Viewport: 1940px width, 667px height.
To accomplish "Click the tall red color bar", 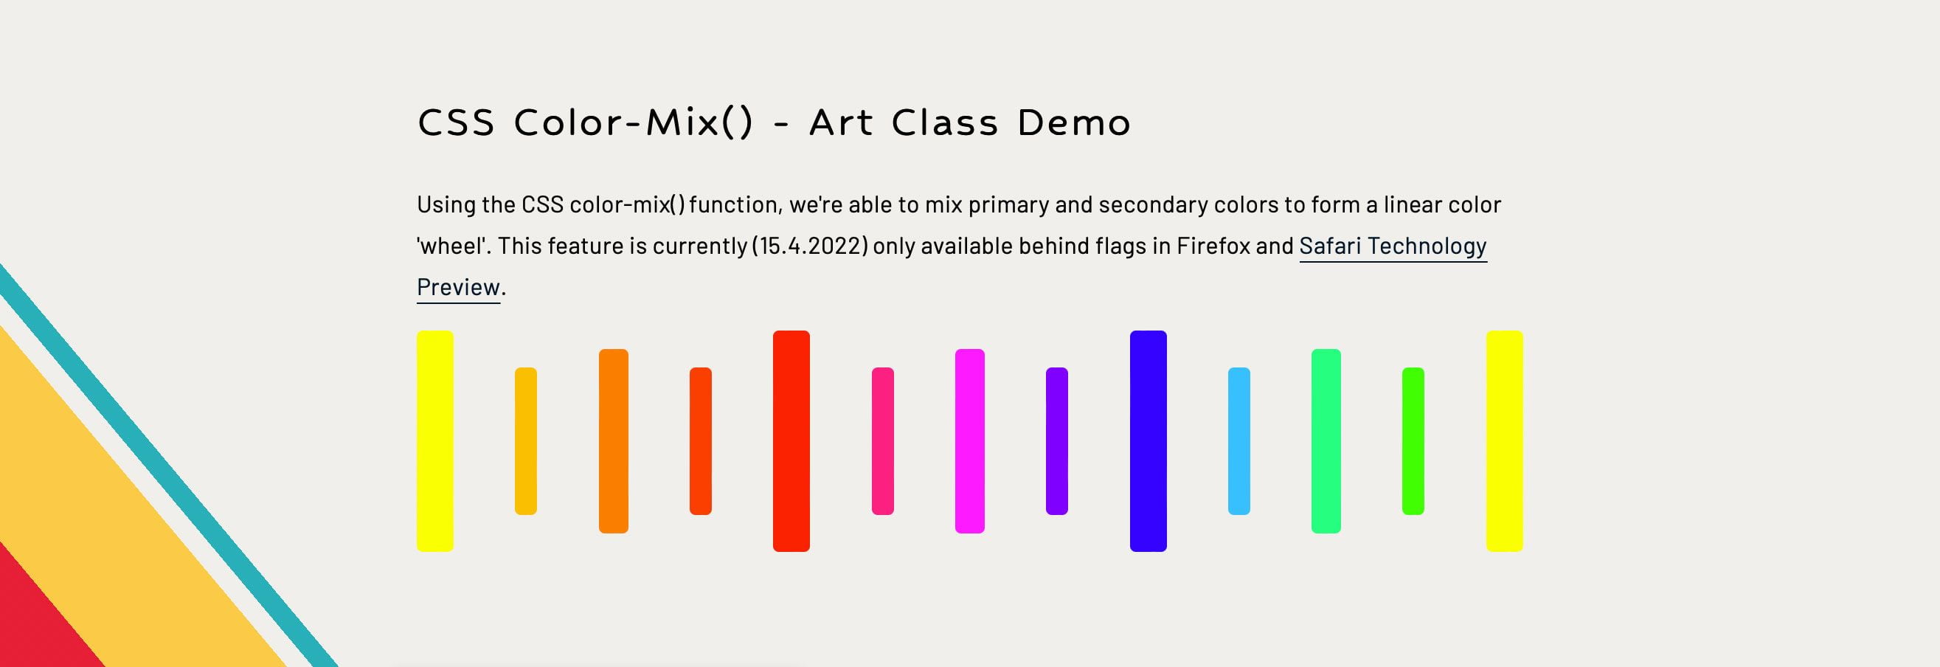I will (x=791, y=441).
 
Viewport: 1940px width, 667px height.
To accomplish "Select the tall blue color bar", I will (x=1148, y=441).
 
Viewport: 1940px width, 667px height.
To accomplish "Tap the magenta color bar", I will (x=969, y=441).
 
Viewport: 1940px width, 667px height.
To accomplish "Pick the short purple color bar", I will (x=1056, y=441).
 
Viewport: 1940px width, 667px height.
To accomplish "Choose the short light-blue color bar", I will (x=1239, y=441).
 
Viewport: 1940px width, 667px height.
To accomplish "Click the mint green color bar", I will (x=1326, y=441).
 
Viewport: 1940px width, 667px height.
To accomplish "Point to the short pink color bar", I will (x=883, y=441).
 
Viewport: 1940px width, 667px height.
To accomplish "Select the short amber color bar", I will (x=526, y=441).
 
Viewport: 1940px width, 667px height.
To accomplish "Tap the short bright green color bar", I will (x=1413, y=441).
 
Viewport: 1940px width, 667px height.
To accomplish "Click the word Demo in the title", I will (x=1074, y=122).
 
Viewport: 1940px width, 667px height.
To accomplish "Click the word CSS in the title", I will (x=456, y=122).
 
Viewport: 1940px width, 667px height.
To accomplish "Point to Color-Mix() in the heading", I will (x=633, y=122).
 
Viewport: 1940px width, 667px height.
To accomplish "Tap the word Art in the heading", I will (x=840, y=122).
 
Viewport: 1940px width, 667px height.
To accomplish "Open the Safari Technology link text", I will (x=1393, y=246).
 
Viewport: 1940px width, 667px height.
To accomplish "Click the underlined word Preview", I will (x=458, y=287).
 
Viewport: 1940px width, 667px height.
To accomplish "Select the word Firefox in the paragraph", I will (x=1213, y=246).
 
